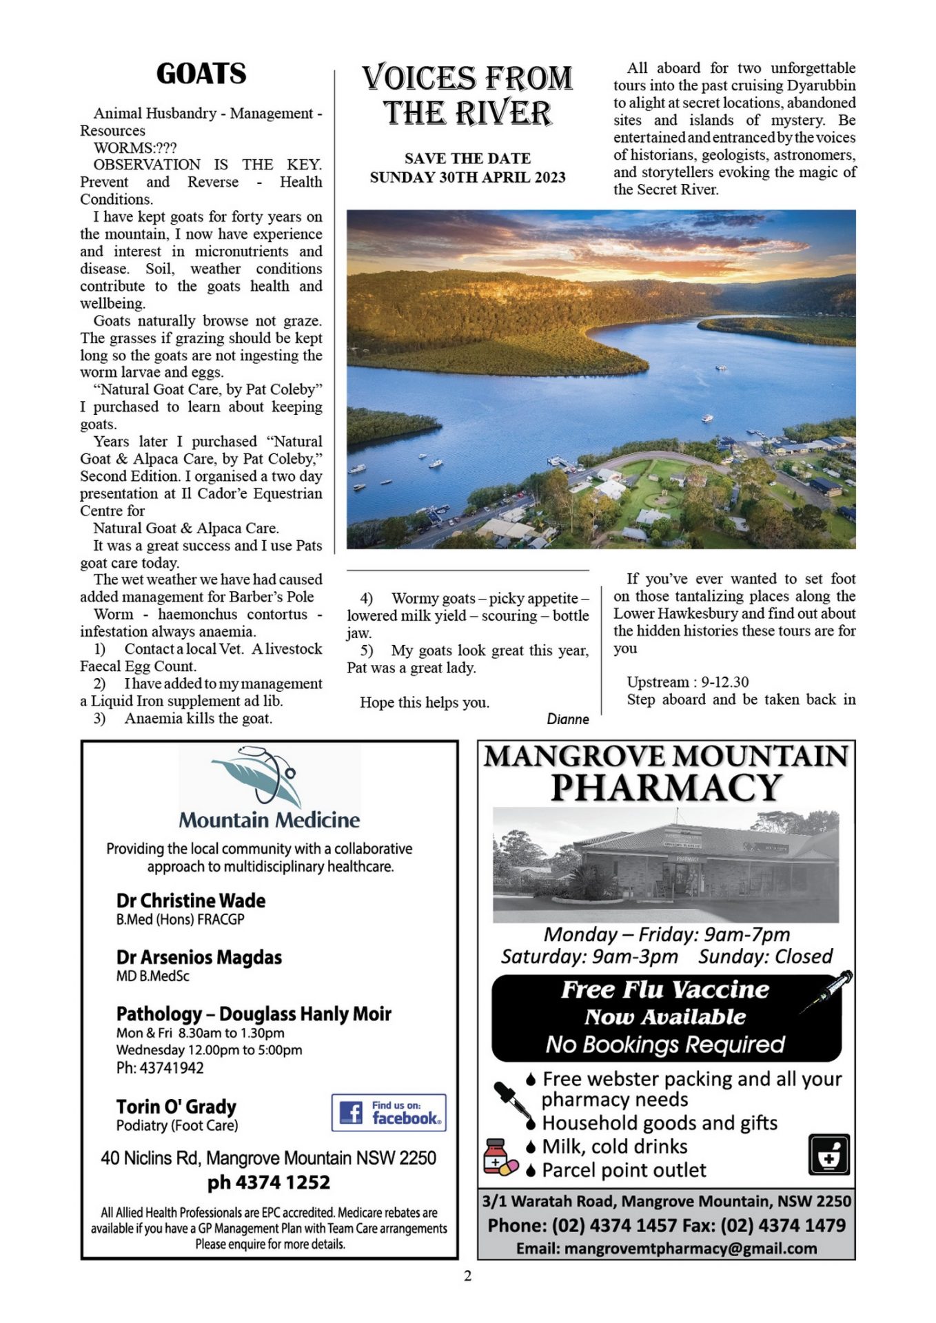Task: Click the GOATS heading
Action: (201, 74)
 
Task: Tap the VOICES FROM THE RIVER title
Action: (467, 95)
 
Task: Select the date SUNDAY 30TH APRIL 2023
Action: (467, 177)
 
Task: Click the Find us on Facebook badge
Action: (389, 1112)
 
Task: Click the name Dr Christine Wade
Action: (190, 901)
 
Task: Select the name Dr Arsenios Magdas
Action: (199, 957)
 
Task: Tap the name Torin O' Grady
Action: (176, 1107)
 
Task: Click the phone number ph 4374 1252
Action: (269, 1182)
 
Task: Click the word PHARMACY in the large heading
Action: (666, 788)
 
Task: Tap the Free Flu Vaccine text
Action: (664, 989)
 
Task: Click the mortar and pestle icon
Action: (828, 1154)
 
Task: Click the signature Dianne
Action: (568, 719)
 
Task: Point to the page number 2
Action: (467, 1276)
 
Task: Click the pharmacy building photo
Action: (666, 865)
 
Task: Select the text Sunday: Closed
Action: (765, 956)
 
